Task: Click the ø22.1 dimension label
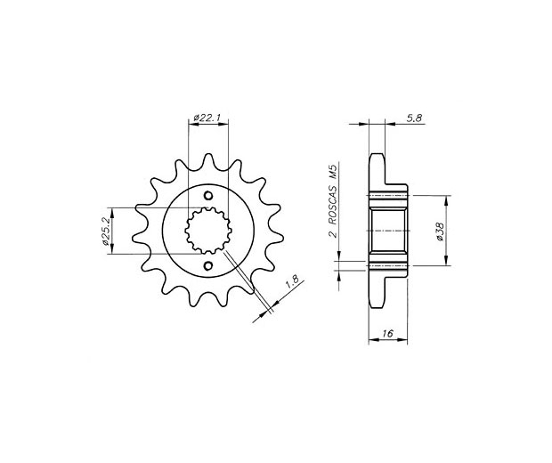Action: tap(207, 118)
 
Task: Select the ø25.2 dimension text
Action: tap(106, 231)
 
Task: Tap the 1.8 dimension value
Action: tap(292, 282)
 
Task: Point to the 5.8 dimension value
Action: tap(414, 118)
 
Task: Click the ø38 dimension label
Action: tap(441, 231)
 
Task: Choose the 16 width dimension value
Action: tap(387, 333)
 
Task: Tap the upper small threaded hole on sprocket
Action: tap(208, 195)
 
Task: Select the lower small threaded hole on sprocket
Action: tap(208, 265)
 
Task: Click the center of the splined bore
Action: tap(208, 231)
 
